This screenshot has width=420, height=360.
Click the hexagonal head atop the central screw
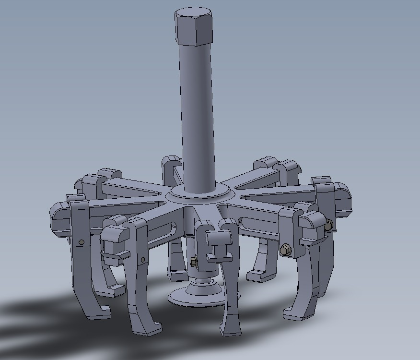pos(194,26)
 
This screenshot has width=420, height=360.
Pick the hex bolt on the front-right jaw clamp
pos(285,250)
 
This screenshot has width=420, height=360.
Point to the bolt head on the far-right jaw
pos(328,225)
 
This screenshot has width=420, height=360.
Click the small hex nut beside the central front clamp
pos(194,262)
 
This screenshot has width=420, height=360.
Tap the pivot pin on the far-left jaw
pos(81,242)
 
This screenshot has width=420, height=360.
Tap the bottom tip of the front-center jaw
pos(230,331)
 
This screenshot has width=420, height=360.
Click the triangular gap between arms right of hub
pos(268,194)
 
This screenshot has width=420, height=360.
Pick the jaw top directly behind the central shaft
pos(171,166)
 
